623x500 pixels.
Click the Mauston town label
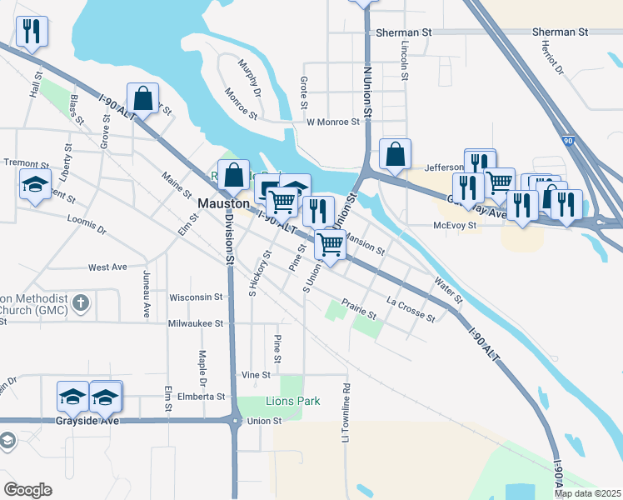pos(223,203)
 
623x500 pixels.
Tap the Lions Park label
pos(292,401)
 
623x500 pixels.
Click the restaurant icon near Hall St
pos(32,32)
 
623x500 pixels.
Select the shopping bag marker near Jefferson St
pos(395,154)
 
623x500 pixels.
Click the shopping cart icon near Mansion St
pos(331,244)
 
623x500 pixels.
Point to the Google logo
pos(27,490)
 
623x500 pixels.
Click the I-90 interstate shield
pos(566,143)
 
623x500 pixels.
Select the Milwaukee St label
pos(196,323)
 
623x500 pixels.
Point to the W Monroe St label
pos(332,122)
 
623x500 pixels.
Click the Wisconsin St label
pos(196,296)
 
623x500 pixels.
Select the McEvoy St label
pos(454,225)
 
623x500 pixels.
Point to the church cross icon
pos(80,302)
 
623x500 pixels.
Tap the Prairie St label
pos(359,310)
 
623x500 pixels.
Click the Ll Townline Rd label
pos(346,412)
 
